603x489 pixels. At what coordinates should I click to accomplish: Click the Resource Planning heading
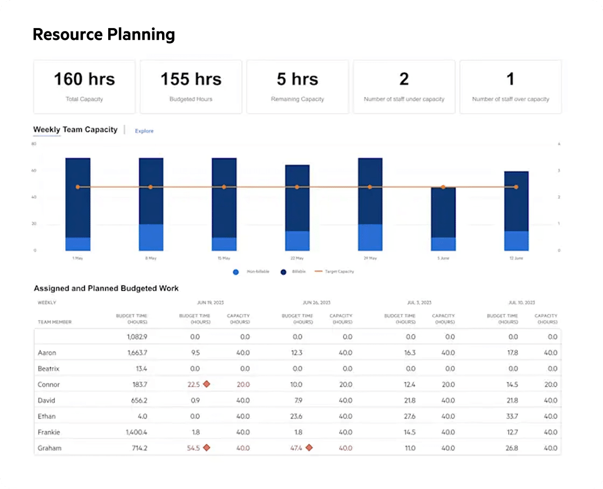[104, 34]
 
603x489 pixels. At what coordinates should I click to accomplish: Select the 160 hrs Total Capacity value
[84, 79]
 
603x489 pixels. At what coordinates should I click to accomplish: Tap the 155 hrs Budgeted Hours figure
[191, 79]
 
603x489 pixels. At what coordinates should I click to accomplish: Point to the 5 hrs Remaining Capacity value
[297, 79]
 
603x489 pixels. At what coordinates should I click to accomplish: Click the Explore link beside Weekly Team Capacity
[144, 131]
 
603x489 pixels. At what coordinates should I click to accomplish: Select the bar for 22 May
[297, 207]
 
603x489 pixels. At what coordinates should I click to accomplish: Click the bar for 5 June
[443, 219]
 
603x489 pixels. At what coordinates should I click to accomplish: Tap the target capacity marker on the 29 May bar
[370, 187]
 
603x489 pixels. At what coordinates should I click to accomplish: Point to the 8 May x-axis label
[151, 258]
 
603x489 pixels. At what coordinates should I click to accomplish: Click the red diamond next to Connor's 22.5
[206, 384]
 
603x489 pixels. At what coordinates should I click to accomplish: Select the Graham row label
[49, 448]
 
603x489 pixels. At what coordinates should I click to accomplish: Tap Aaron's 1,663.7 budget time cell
[136, 353]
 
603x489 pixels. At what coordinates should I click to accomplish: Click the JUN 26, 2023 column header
[317, 303]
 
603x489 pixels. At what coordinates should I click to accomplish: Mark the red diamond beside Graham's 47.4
[309, 448]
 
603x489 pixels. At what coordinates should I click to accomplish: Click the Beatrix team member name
[48, 368]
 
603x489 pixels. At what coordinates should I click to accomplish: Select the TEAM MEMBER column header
[54, 322]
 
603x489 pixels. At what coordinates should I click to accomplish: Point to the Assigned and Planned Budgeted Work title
[106, 288]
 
